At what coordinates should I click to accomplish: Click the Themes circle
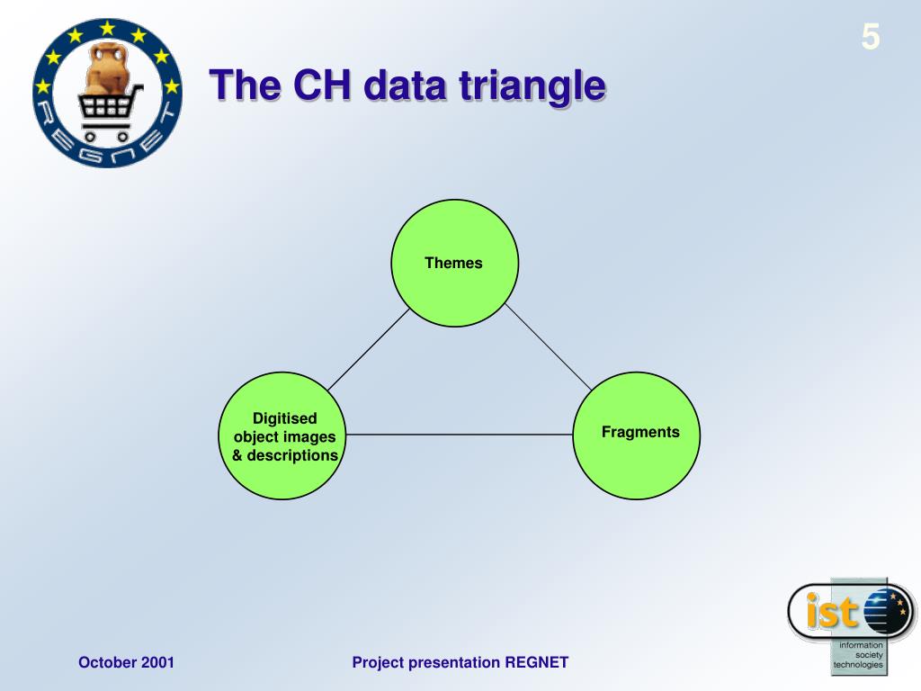click(454, 264)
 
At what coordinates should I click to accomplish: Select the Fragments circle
click(636, 435)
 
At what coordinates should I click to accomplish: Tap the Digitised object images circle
click(282, 435)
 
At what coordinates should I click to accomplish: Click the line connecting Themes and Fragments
click(549, 347)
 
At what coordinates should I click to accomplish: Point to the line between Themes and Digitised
click(368, 350)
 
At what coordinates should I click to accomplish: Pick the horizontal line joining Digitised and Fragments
click(460, 435)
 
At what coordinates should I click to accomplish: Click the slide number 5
click(871, 37)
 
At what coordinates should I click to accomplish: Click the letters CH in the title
click(322, 85)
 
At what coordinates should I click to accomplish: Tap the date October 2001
click(126, 662)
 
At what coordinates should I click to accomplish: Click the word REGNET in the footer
click(537, 662)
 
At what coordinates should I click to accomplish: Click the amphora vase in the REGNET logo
click(107, 67)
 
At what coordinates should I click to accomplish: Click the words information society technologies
click(858, 655)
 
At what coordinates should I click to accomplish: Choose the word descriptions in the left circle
click(292, 456)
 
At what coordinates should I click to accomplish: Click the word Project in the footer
click(377, 663)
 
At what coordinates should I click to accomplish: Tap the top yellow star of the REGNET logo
click(107, 28)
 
